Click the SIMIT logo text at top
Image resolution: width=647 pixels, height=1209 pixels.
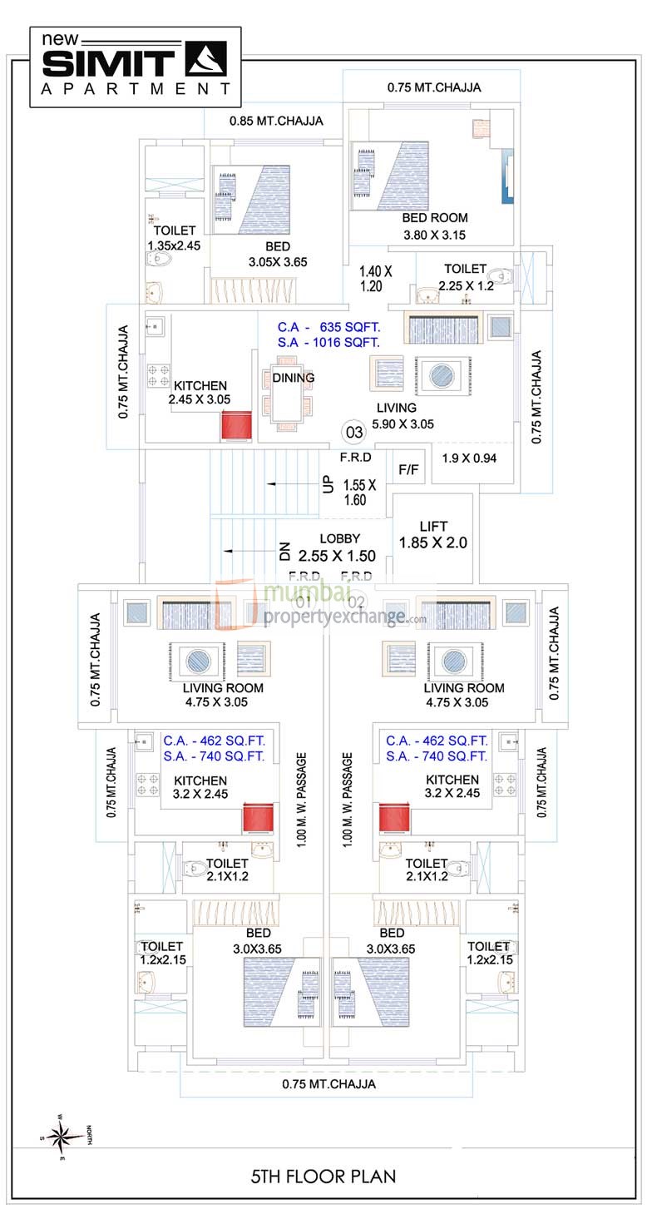coord(108,62)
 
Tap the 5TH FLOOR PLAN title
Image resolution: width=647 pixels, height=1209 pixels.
coord(323,1176)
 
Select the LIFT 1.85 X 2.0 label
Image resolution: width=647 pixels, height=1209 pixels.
coord(433,534)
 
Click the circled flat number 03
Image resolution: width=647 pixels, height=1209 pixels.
coord(354,432)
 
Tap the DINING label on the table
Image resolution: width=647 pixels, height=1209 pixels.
coord(293,378)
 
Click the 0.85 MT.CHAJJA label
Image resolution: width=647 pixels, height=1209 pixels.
coord(276,121)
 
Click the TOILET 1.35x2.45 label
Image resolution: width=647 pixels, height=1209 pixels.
coord(175,238)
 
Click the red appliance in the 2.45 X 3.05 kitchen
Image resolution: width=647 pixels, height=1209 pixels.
coord(235,427)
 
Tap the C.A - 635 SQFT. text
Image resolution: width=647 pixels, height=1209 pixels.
coord(328,326)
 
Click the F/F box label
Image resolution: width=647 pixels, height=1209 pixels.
coord(408,469)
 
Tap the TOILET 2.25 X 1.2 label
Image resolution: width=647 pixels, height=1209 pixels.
coord(465,277)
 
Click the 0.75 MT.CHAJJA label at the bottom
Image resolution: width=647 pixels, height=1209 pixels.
coord(328,1084)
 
